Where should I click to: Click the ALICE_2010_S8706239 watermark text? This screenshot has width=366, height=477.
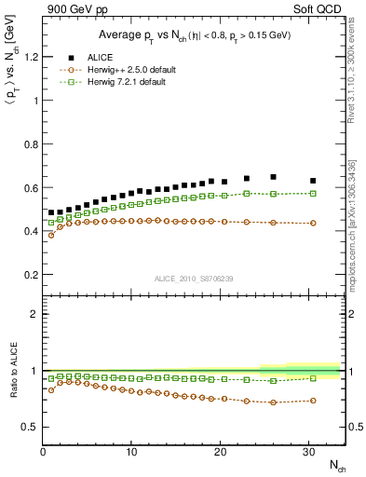(x=194, y=279)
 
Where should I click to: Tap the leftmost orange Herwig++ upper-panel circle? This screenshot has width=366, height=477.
(x=51, y=235)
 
